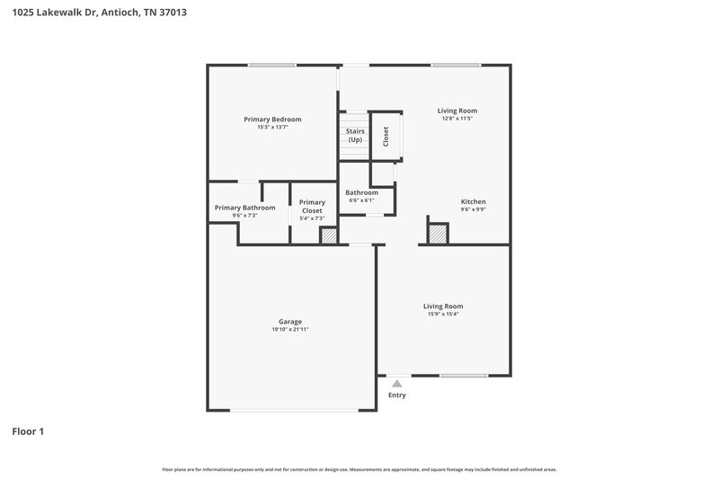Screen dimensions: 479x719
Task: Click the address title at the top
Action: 100,13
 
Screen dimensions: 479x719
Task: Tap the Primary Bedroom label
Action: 272,120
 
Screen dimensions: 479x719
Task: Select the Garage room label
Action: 289,322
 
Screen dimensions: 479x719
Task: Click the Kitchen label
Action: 474,201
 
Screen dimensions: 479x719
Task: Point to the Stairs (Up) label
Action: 355,136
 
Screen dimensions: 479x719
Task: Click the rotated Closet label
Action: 386,136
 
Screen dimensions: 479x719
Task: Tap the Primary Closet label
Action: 312,207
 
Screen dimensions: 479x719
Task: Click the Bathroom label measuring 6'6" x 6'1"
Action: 362,192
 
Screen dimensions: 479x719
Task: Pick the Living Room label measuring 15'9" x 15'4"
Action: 443,306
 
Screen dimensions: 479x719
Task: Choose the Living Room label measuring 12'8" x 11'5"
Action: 457,111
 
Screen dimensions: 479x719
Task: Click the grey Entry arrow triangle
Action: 396,384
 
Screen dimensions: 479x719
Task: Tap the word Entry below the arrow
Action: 396,395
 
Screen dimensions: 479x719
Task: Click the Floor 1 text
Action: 27,431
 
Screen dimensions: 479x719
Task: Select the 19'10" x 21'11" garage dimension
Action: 289,330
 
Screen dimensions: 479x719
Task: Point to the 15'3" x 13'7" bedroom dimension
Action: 272,128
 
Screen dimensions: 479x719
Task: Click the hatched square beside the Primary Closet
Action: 329,235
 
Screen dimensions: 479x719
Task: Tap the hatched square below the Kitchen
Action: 438,234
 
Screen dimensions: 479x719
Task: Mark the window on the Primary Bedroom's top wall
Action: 272,65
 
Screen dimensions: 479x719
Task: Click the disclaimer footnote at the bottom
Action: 359,469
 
